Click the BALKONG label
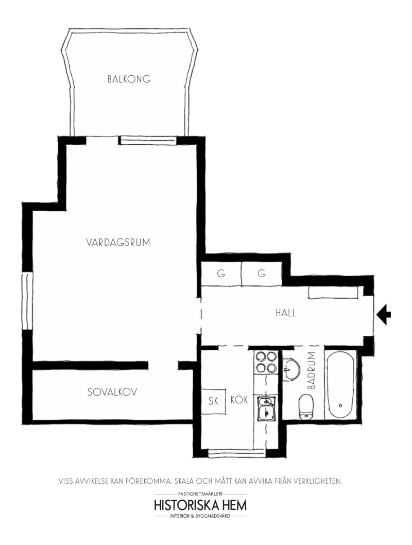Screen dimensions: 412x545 [x=129, y=79]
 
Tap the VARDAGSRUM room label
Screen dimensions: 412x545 [x=118, y=242]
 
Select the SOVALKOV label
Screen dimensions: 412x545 [x=112, y=392]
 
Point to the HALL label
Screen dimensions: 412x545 [x=286, y=313]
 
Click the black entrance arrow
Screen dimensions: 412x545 [x=384, y=315]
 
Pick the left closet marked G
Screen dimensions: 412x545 [x=221, y=274]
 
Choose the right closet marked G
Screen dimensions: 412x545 [x=262, y=274]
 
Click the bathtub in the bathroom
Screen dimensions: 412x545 [x=340, y=385]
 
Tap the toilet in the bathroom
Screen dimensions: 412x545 [x=306, y=407]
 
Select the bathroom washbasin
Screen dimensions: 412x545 [x=291, y=370]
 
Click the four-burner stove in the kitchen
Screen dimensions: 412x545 [x=266, y=362]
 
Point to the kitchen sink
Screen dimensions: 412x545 [x=266, y=408]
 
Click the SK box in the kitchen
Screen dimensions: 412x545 [x=213, y=401]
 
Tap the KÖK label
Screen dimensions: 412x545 [x=239, y=400]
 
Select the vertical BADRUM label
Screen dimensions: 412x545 [x=312, y=370]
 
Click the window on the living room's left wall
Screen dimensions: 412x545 [x=27, y=301]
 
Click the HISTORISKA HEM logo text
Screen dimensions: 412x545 [x=200, y=505]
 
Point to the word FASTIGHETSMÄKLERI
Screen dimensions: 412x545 [x=200, y=493]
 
